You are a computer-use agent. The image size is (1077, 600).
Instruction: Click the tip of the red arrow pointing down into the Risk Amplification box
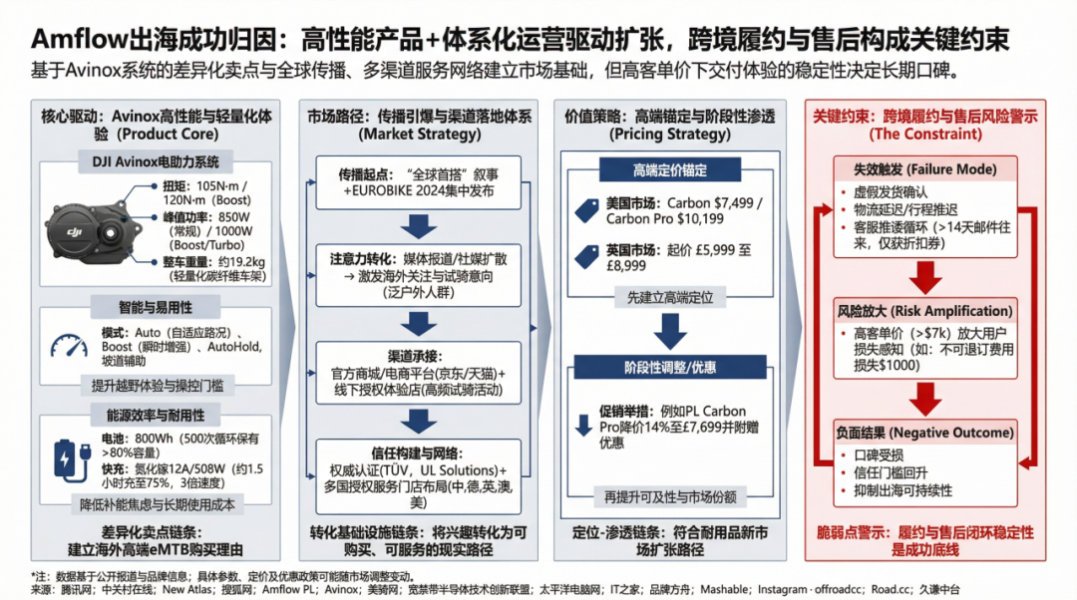[925, 295]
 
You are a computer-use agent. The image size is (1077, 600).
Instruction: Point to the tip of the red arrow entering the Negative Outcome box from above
[925, 416]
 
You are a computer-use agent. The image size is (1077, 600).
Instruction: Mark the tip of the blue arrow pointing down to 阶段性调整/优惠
[670, 350]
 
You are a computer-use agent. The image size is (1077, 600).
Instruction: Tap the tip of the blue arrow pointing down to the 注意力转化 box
[418, 239]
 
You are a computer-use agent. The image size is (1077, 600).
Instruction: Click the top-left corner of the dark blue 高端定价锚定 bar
[599, 157]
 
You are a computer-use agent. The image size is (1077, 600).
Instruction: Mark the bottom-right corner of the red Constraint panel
[1046, 561]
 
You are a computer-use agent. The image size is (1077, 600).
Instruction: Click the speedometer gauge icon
[69, 345]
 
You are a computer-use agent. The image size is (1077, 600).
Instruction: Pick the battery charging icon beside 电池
[72, 459]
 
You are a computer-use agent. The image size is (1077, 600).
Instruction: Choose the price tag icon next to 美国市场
[586, 210]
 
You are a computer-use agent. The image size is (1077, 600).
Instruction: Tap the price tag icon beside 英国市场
[586, 257]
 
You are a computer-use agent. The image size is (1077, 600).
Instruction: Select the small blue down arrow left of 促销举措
[583, 426]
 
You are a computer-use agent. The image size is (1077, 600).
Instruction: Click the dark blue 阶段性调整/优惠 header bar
[670, 368]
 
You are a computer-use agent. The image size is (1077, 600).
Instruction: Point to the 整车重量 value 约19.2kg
[242, 261]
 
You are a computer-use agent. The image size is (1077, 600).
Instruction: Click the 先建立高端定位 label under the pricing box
[670, 298]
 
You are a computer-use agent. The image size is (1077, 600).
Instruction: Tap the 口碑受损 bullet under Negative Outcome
[879, 455]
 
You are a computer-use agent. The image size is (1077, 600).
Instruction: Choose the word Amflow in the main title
[79, 39]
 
